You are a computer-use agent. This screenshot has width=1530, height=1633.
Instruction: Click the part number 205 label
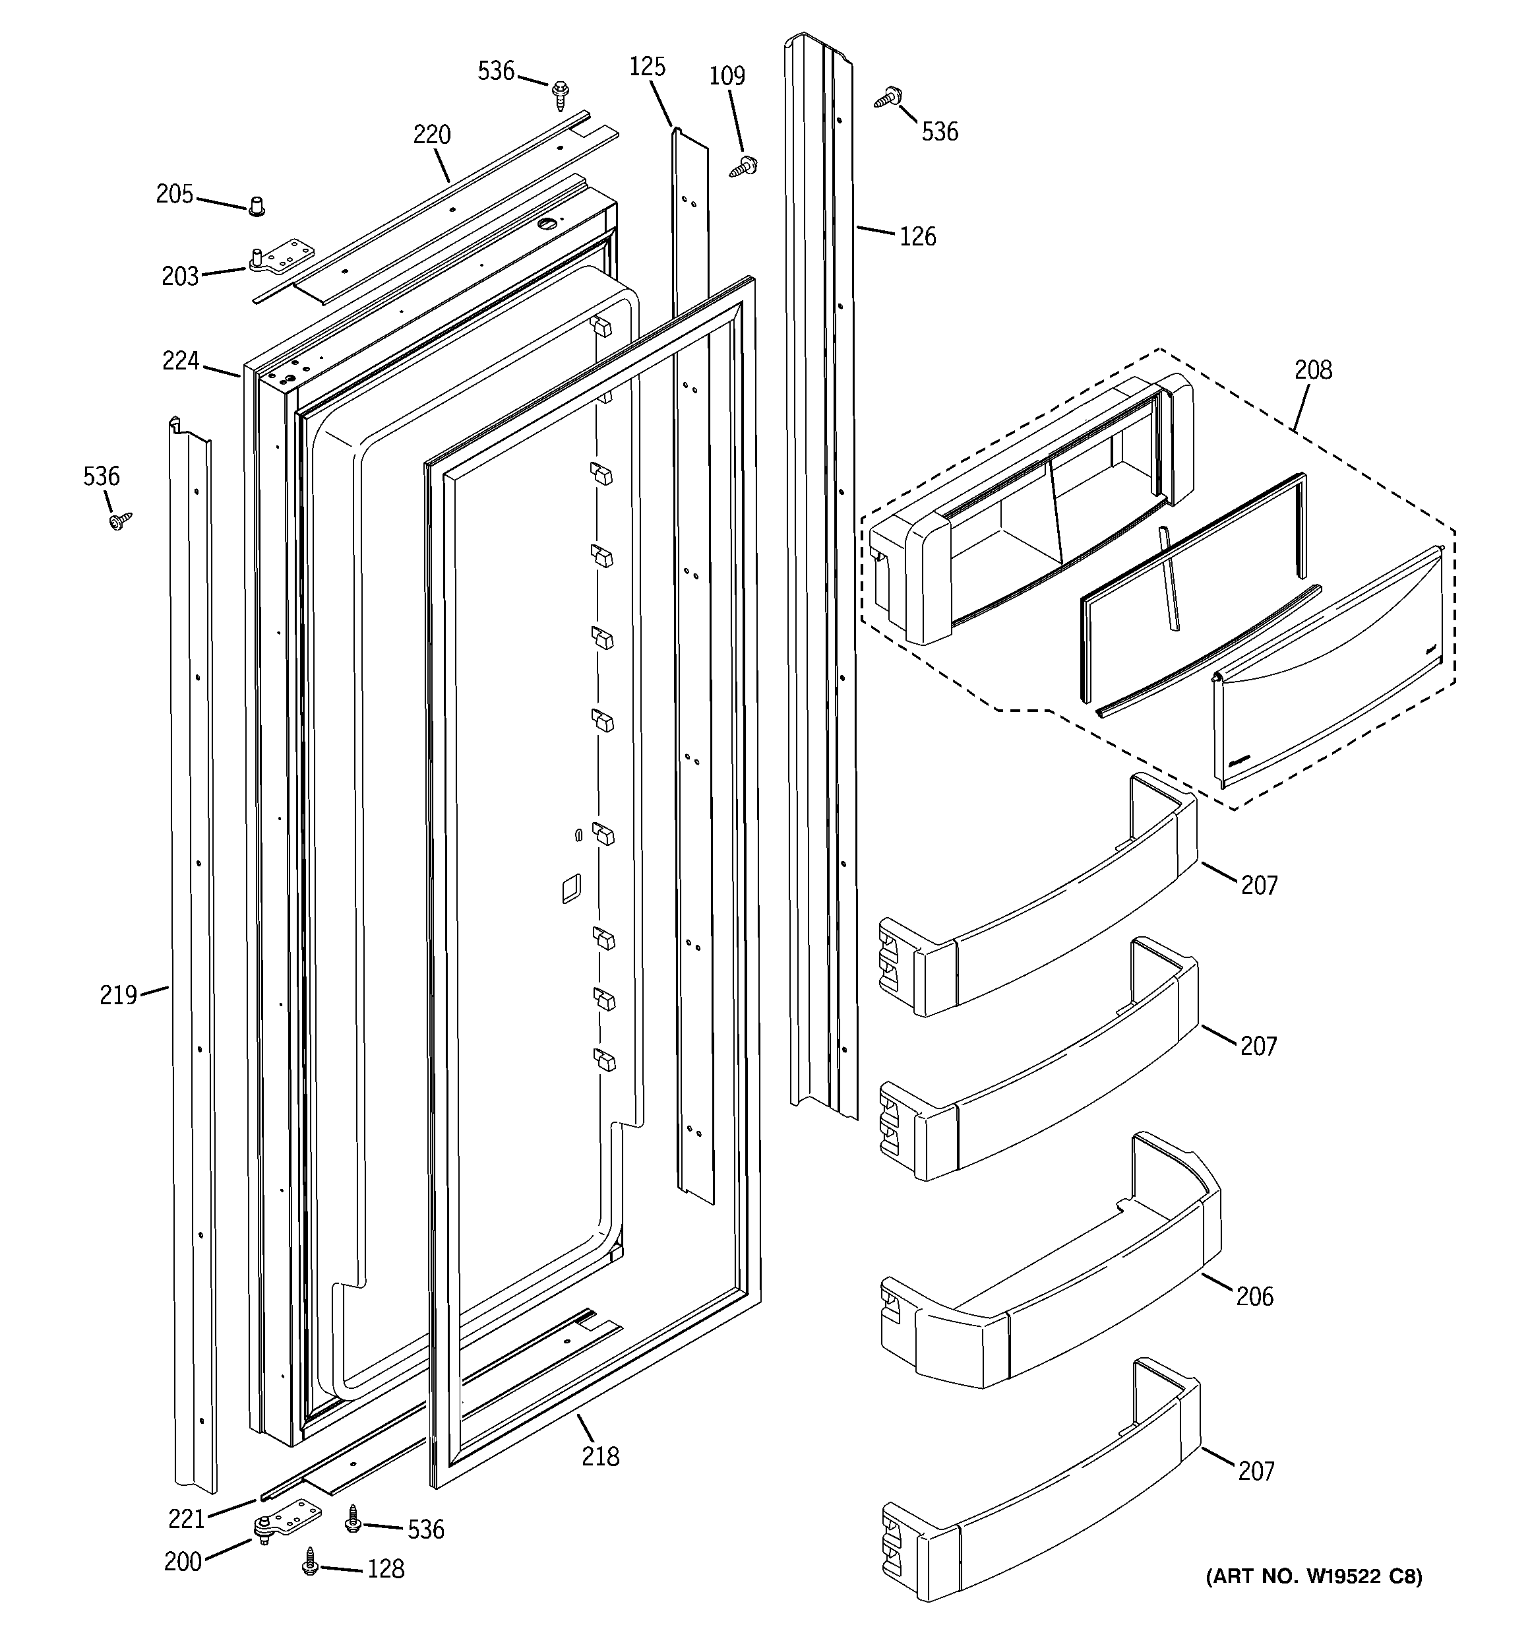(174, 195)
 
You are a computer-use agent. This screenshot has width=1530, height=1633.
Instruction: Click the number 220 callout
(432, 135)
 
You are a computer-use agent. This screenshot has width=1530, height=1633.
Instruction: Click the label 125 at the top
(647, 67)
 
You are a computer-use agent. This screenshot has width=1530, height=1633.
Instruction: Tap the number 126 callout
(917, 237)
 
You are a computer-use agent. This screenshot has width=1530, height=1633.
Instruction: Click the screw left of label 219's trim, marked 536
(120, 520)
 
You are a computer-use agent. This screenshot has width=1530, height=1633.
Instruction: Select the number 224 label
(181, 361)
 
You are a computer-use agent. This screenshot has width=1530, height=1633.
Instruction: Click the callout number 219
(118, 996)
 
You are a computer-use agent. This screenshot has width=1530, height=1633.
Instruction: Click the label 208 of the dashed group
(1313, 370)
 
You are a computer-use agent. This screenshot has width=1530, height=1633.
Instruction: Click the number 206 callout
(1254, 1297)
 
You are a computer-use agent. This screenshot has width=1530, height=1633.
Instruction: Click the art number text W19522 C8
(1313, 1576)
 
